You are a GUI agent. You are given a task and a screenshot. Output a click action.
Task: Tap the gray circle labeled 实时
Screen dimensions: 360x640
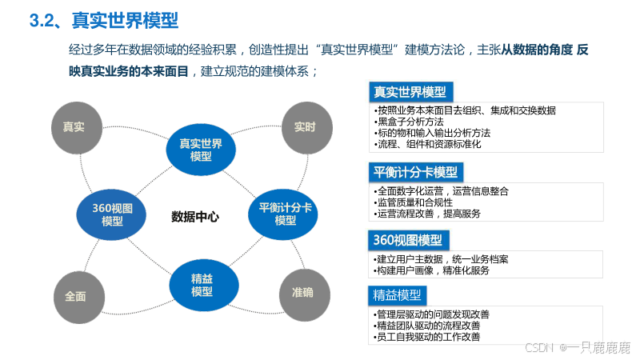[x=304, y=126]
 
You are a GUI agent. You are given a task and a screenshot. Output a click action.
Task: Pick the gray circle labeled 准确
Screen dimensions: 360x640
[x=302, y=293]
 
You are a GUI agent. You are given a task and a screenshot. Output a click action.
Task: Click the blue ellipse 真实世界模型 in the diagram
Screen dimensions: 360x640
[x=201, y=150]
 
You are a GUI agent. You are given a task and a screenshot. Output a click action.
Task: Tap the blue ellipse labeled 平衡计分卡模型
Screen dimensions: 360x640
[x=285, y=214]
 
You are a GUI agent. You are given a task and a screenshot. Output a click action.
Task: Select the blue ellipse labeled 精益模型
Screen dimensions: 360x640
[x=202, y=284]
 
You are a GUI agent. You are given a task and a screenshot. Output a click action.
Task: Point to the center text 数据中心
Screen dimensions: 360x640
[x=195, y=217]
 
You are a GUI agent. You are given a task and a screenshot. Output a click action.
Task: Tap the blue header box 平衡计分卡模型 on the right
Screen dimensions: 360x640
[x=416, y=172]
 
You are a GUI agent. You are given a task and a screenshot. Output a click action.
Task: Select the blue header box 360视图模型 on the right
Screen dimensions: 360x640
[x=409, y=240]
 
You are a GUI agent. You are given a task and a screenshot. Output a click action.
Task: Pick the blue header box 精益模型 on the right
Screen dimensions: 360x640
[x=398, y=294]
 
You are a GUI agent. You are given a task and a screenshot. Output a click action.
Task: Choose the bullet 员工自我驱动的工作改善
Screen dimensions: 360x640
[x=427, y=337]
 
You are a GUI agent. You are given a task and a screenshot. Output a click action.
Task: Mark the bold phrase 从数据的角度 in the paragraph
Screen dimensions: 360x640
[x=537, y=50]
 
